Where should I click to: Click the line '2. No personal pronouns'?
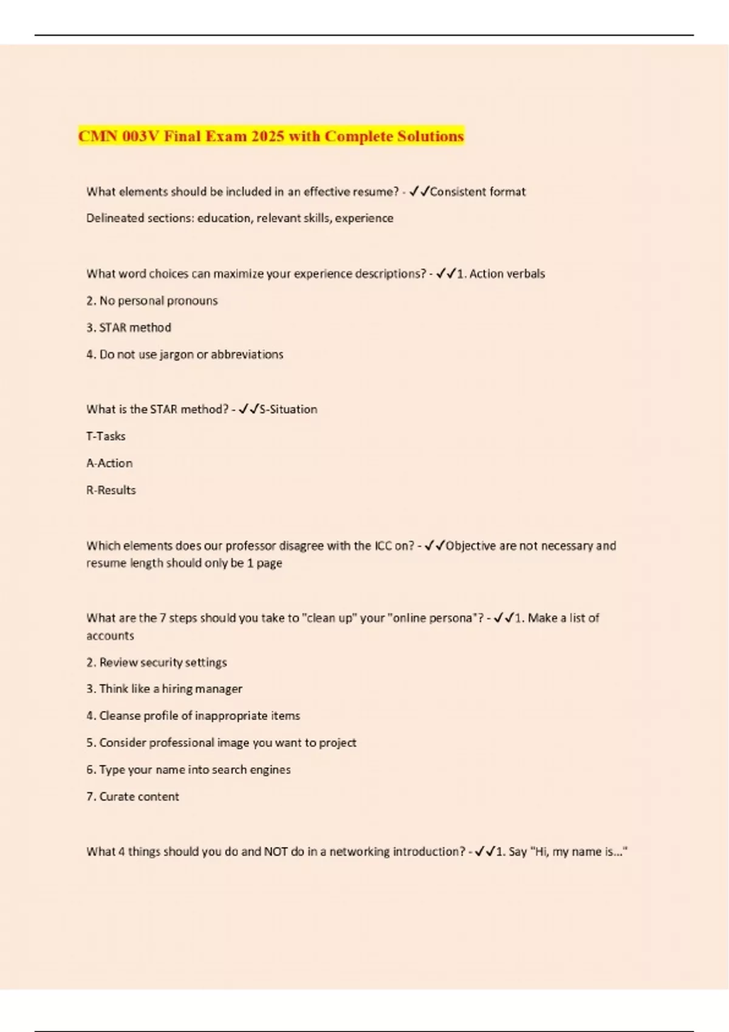click(152, 300)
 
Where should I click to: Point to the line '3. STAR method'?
click(129, 327)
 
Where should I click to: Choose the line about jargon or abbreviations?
click(185, 354)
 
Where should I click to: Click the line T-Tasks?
click(106, 436)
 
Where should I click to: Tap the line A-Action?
click(109, 463)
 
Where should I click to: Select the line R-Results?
click(111, 490)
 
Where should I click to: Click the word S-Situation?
click(288, 409)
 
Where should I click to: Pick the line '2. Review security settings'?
click(157, 662)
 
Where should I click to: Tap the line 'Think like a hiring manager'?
click(164, 688)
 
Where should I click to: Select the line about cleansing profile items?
click(193, 715)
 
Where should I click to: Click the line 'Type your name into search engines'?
click(188, 769)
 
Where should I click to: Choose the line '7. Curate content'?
click(132, 796)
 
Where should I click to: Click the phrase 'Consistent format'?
click(477, 192)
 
